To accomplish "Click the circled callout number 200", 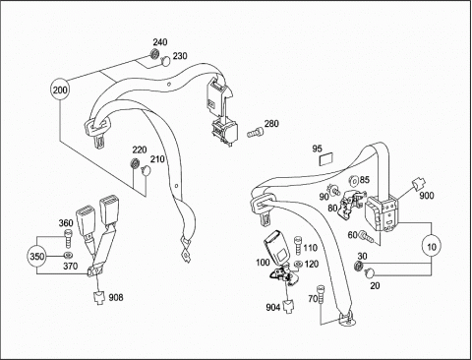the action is click(x=60, y=90).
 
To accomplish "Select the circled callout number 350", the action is click(x=36, y=256).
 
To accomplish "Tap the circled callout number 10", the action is click(x=432, y=247).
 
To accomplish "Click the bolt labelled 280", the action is click(x=255, y=132).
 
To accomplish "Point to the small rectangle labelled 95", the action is click(x=325, y=159).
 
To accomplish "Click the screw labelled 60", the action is click(x=365, y=236).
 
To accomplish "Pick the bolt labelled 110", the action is click(x=298, y=246).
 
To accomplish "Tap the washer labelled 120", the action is click(x=298, y=264).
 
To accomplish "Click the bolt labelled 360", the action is click(x=67, y=239).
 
